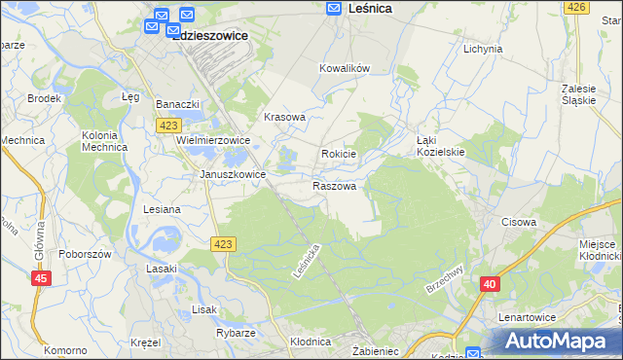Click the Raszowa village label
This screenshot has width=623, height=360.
[x=334, y=185]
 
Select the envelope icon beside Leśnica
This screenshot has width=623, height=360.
[x=333, y=8]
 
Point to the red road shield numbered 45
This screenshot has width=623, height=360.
[x=41, y=278]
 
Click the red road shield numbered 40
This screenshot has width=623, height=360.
[x=490, y=283]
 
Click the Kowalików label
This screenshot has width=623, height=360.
[x=346, y=68]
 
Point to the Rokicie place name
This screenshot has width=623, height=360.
[x=339, y=155]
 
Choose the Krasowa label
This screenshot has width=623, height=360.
[x=285, y=117]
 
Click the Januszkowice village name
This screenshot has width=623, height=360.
[x=233, y=174]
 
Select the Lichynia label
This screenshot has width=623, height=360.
[x=483, y=49]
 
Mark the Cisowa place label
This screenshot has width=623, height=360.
[x=519, y=222]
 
